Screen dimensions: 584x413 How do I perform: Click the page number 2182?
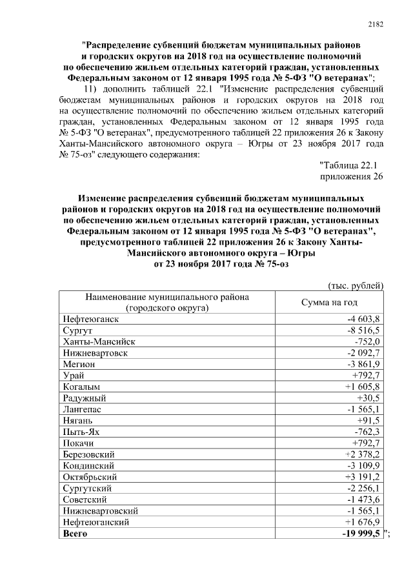[x=376, y=25]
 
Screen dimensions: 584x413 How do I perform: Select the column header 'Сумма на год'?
[x=329, y=303]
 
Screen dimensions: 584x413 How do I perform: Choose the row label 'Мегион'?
[x=79, y=364]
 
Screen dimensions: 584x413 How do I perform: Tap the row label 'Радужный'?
[x=85, y=398]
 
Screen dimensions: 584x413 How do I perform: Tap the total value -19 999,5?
[x=362, y=533]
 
